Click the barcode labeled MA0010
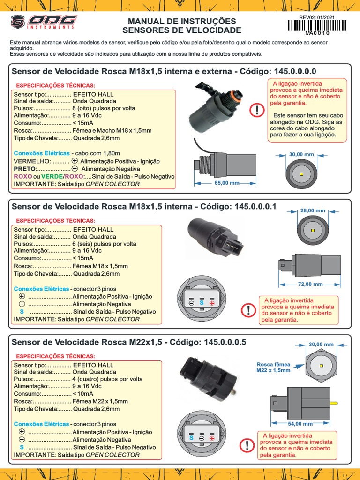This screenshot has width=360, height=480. pos(317,25)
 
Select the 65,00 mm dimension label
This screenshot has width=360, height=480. pos(227,183)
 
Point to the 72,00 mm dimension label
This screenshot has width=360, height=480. pos(311,284)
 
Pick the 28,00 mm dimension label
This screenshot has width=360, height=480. pos(313,211)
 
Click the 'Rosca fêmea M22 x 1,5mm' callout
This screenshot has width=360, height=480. pos(273,367)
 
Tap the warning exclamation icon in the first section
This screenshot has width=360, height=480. pos(257,111)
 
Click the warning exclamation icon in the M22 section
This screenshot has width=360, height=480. pos(247,446)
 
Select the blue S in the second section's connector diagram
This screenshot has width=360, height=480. pos(202,303)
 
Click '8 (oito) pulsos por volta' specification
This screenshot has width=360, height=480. pos(104,108)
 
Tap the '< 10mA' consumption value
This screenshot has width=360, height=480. pos(83,394)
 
